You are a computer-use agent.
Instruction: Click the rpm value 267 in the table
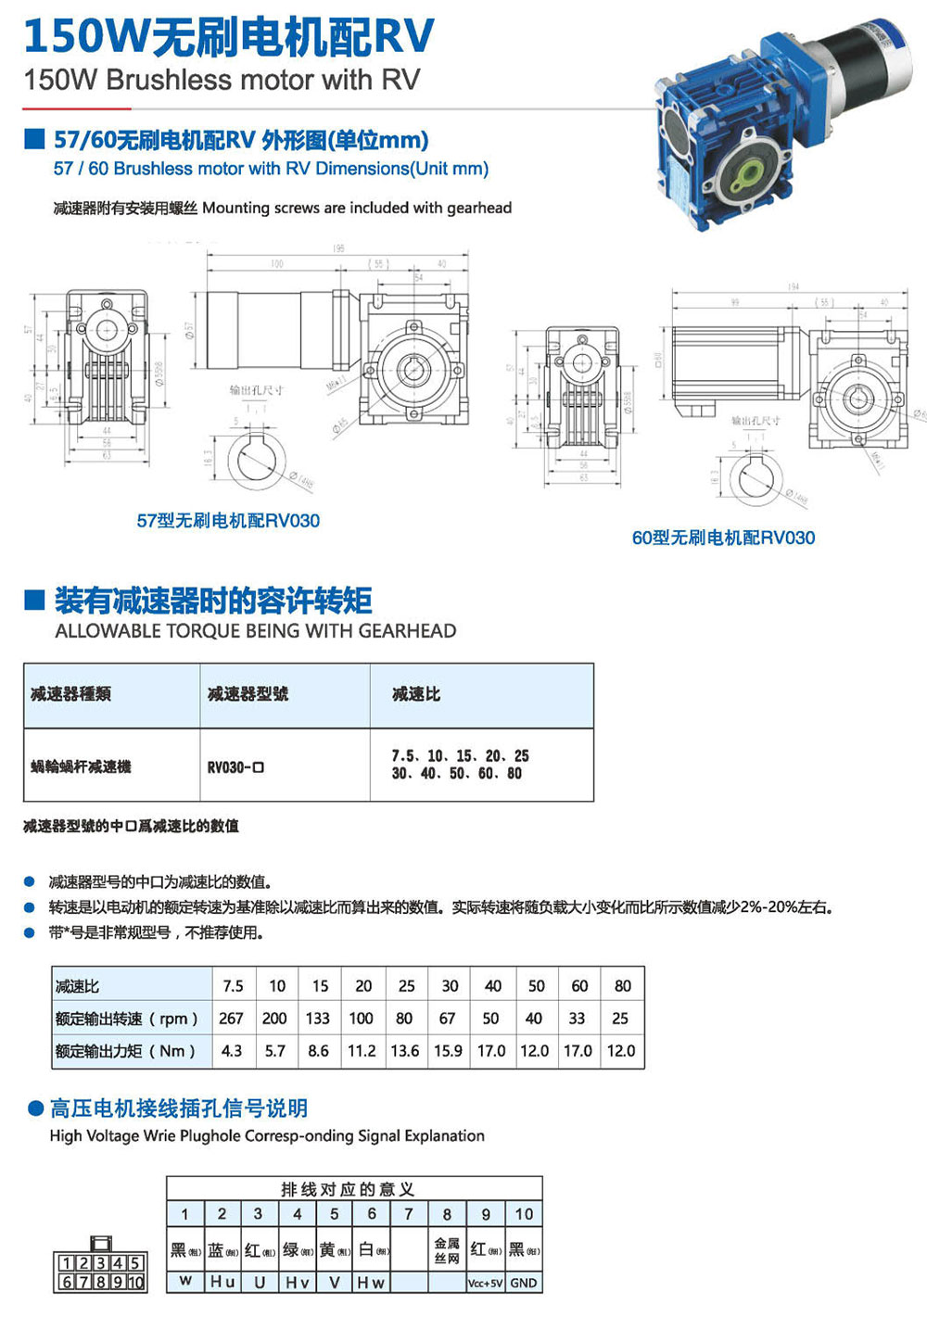pyautogui.click(x=231, y=1019)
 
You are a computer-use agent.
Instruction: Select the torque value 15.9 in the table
pyautogui.click(x=448, y=1051)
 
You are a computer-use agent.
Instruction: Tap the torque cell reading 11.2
pyautogui.click(x=362, y=1051)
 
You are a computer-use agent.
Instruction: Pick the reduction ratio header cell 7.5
pyautogui.click(x=233, y=986)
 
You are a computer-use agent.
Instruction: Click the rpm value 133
pyautogui.click(x=318, y=1019)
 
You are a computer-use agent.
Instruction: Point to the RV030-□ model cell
pyautogui.click(x=235, y=767)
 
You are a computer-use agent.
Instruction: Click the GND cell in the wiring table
pyautogui.click(x=524, y=1283)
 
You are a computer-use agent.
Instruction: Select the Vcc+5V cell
pyautogui.click(x=486, y=1283)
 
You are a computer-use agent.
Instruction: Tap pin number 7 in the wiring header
pyautogui.click(x=409, y=1214)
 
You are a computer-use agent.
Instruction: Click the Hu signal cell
pyautogui.click(x=222, y=1282)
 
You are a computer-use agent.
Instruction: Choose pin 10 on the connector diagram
pyautogui.click(x=135, y=1283)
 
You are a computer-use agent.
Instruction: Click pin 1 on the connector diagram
pyautogui.click(x=66, y=1263)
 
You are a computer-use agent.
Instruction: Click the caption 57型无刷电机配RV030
pyautogui.click(x=228, y=521)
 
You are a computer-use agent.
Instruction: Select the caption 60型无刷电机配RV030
pyautogui.click(x=723, y=538)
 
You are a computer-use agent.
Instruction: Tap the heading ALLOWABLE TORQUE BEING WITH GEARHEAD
pyautogui.click(x=256, y=631)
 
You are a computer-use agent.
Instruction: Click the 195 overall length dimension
pyautogui.click(x=338, y=248)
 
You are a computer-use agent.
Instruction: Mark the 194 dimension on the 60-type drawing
pyautogui.click(x=793, y=287)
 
